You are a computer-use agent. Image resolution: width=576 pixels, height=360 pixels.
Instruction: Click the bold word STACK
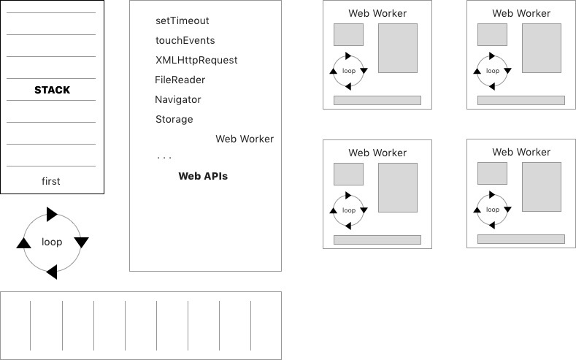click(x=52, y=90)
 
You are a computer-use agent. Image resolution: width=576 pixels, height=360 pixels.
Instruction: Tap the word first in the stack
click(x=51, y=181)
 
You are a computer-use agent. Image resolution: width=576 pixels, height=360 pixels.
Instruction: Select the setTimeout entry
click(x=183, y=20)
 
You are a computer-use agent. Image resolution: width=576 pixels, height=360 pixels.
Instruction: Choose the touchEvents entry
click(x=185, y=40)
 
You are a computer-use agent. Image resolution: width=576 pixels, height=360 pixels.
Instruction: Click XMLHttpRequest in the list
click(x=196, y=60)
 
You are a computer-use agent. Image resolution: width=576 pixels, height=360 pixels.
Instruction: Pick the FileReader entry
click(x=180, y=80)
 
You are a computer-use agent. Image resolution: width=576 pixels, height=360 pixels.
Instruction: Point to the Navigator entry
click(x=177, y=99)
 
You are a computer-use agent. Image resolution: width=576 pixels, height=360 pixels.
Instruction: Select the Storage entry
click(x=174, y=119)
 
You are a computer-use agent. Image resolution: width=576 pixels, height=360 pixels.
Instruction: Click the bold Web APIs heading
click(x=203, y=176)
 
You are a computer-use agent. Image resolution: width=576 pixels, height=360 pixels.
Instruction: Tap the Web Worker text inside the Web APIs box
click(x=245, y=139)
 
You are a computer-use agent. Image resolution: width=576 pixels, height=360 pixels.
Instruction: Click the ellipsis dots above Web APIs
click(x=164, y=158)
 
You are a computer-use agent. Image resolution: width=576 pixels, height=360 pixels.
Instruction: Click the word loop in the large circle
click(x=52, y=242)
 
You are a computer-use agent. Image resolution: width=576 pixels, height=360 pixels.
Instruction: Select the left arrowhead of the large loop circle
click(x=24, y=242)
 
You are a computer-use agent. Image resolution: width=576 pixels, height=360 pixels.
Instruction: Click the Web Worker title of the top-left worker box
click(x=377, y=13)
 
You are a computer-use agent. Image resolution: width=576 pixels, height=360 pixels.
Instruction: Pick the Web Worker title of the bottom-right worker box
click(x=521, y=152)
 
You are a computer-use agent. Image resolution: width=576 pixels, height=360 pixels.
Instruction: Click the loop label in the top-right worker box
click(x=493, y=71)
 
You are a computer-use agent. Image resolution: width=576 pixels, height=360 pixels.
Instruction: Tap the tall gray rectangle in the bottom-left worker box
click(x=398, y=188)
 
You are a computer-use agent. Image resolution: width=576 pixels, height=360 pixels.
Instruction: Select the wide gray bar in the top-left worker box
click(x=377, y=100)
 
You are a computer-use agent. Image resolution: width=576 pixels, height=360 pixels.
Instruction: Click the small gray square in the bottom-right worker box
click(x=492, y=174)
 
